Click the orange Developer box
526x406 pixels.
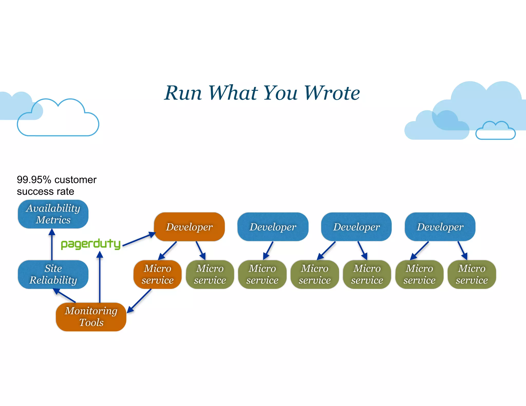point(189,227)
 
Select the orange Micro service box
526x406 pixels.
point(157,274)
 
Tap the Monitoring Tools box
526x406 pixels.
point(91,317)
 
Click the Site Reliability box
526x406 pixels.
point(53,274)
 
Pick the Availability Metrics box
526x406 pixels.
point(53,214)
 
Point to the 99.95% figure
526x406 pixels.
point(34,180)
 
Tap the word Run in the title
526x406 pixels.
point(183,93)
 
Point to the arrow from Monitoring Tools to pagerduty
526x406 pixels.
point(100,277)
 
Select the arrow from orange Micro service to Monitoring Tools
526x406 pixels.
point(139,301)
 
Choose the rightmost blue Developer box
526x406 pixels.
point(440,227)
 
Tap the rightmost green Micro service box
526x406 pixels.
point(472,274)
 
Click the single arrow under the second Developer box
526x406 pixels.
point(268,250)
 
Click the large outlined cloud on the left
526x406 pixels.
point(58,121)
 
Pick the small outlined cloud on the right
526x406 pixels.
point(495,131)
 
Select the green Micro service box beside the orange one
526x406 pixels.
point(210,274)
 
